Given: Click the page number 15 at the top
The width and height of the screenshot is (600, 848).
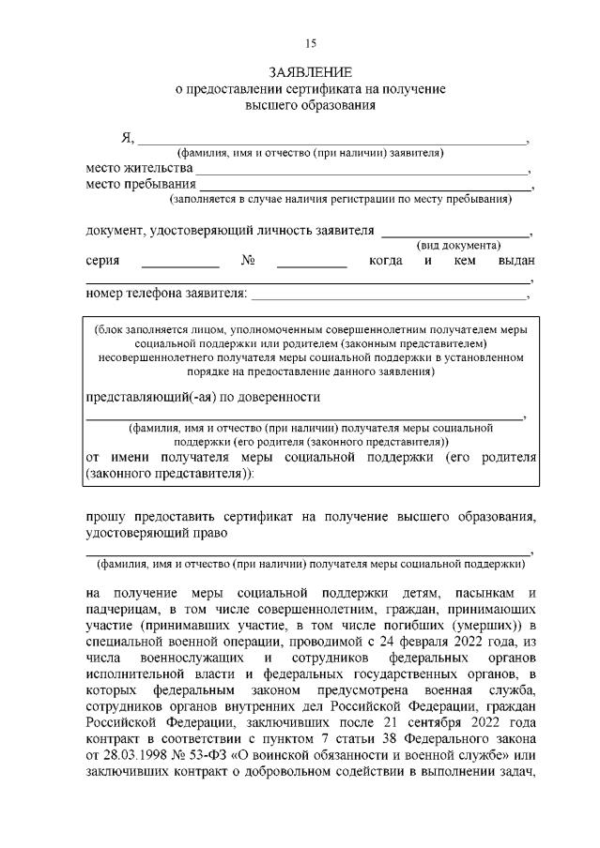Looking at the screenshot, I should pos(312,43).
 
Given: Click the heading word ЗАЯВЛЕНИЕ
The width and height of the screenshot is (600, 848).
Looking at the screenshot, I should pos(311,72).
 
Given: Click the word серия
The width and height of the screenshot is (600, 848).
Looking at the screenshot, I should pos(102,260).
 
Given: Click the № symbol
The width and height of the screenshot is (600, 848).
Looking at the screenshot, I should pos(249,260).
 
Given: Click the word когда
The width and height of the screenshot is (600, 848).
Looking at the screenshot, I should pos(386,260).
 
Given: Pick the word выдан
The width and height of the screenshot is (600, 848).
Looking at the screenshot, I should pos(516,260).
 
